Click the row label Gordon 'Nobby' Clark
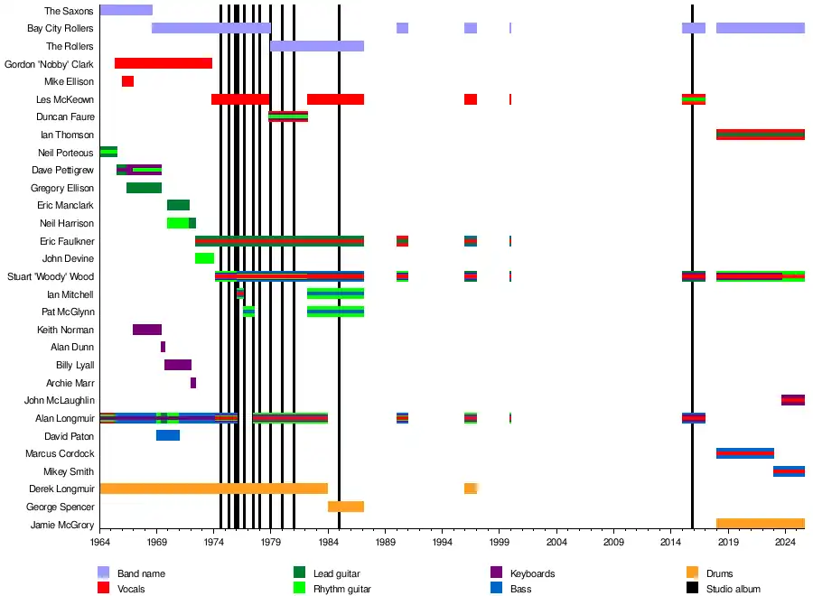click(x=49, y=64)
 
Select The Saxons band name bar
click(x=126, y=10)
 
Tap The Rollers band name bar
click(x=316, y=46)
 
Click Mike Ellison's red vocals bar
click(x=127, y=81)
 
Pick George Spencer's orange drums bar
click(x=346, y=507)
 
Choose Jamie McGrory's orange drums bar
click(x=760, y=524)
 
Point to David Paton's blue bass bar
click(x=168, y=435)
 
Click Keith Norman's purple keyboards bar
click(x=147, y=330)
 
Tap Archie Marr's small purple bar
click(x=193, y=383)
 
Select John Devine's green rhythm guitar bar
click(x=204, y=258)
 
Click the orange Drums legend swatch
click(x=693, y=573)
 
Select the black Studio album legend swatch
click(x=693, y=589)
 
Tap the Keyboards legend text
click(x=532, y=573)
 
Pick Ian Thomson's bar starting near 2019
click(x=760, y=135)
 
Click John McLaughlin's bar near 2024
click(x=792, y=400)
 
